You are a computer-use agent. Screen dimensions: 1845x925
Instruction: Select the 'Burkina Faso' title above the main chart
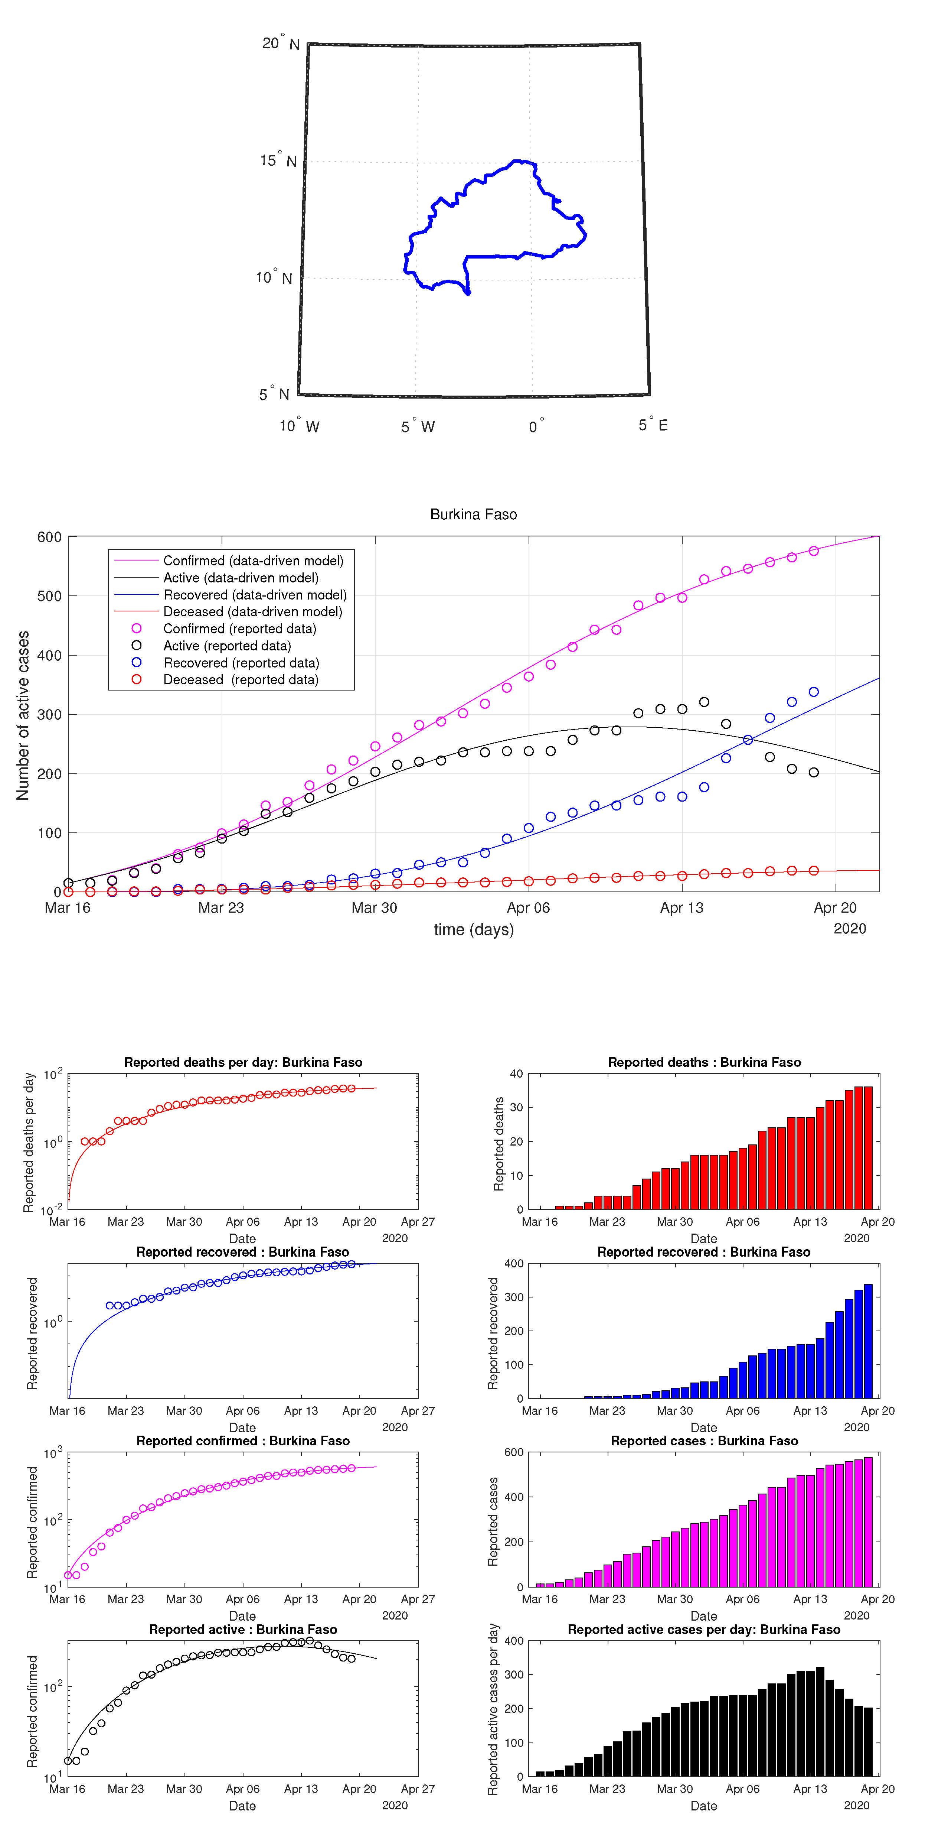(473, 514)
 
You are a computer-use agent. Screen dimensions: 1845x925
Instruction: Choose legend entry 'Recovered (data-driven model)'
(254, 595)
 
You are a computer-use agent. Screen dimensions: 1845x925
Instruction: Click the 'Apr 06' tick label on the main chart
(528, 908)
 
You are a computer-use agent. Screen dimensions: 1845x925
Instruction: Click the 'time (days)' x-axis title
(473, 930)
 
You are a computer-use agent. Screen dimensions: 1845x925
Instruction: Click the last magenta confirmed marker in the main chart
(813, 551)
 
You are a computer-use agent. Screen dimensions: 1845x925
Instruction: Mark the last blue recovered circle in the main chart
(813, 692)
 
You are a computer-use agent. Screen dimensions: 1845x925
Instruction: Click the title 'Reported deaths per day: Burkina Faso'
(243, 1062)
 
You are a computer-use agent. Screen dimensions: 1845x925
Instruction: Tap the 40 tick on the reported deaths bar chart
(516, 1073)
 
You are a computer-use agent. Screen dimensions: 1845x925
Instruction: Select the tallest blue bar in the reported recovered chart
(868, 1341)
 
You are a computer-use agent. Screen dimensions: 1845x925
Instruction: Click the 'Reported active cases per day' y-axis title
(493, 1709)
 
